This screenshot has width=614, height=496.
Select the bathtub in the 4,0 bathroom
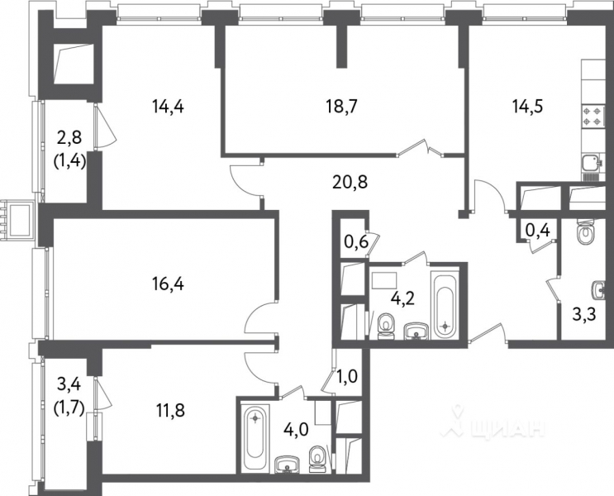click(255, 438)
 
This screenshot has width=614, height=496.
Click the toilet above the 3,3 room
click(586, 234)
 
